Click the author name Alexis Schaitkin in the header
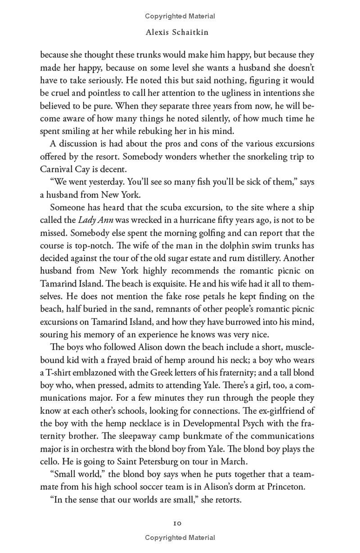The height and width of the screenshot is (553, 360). click(x=180, y=32)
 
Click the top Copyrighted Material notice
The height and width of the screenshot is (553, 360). click(x=180, y=16)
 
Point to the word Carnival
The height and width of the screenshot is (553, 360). click(x=57, y=169)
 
